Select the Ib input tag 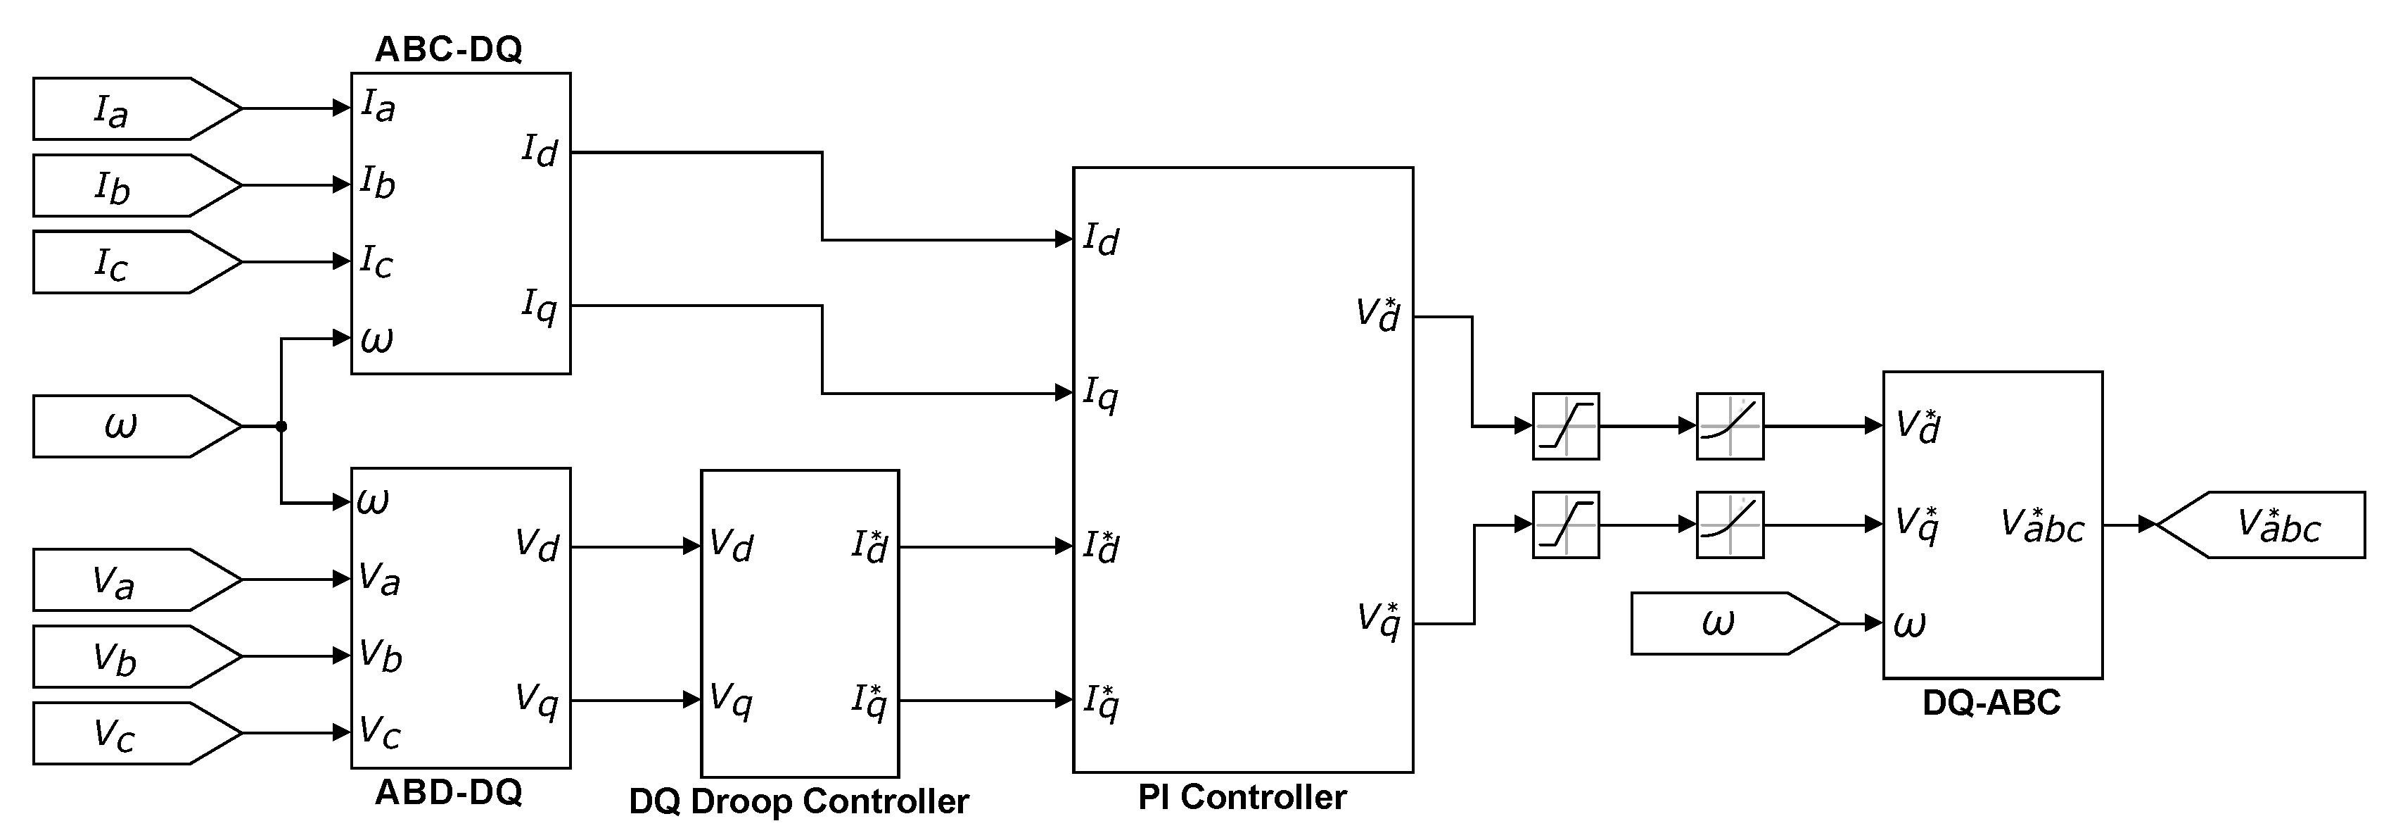click(x=121, y=186)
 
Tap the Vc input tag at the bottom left click(x=121, y=734)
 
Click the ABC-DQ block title click(x=448, y=49)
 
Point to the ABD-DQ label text click(x=448, y=792)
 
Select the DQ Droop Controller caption click(x=798, y=801)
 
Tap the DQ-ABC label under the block click(x=1991, y=703)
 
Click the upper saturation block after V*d click(x=1565, y=426)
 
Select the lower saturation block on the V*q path click(x=1565, y=525)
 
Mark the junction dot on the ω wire click(x=281, y=426)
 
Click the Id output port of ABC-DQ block click(x=540, y=151)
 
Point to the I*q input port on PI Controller click(x=1100, y=701)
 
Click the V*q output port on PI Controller click(x=1378, y=620)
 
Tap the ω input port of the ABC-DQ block click(x=376, y=339)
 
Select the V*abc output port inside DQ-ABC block click(x=2042, y=525)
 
